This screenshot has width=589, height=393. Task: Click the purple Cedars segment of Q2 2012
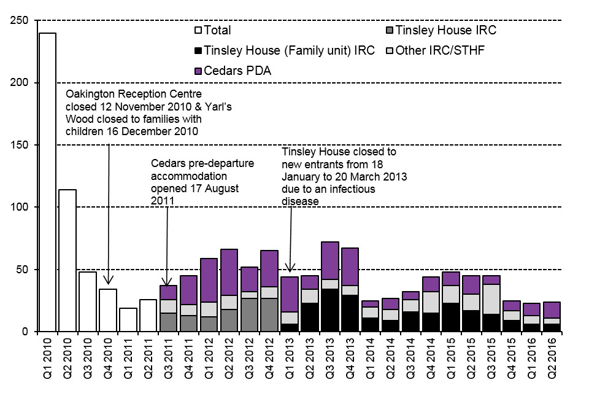pos(229,272)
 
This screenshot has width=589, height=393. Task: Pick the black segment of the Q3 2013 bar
pos(329,310)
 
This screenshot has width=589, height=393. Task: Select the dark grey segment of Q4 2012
pos(269,315)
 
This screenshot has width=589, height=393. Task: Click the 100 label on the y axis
pos(20,207)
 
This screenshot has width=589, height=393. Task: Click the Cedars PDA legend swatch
pos(198,71)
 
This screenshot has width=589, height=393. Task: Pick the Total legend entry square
pos(198,29)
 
